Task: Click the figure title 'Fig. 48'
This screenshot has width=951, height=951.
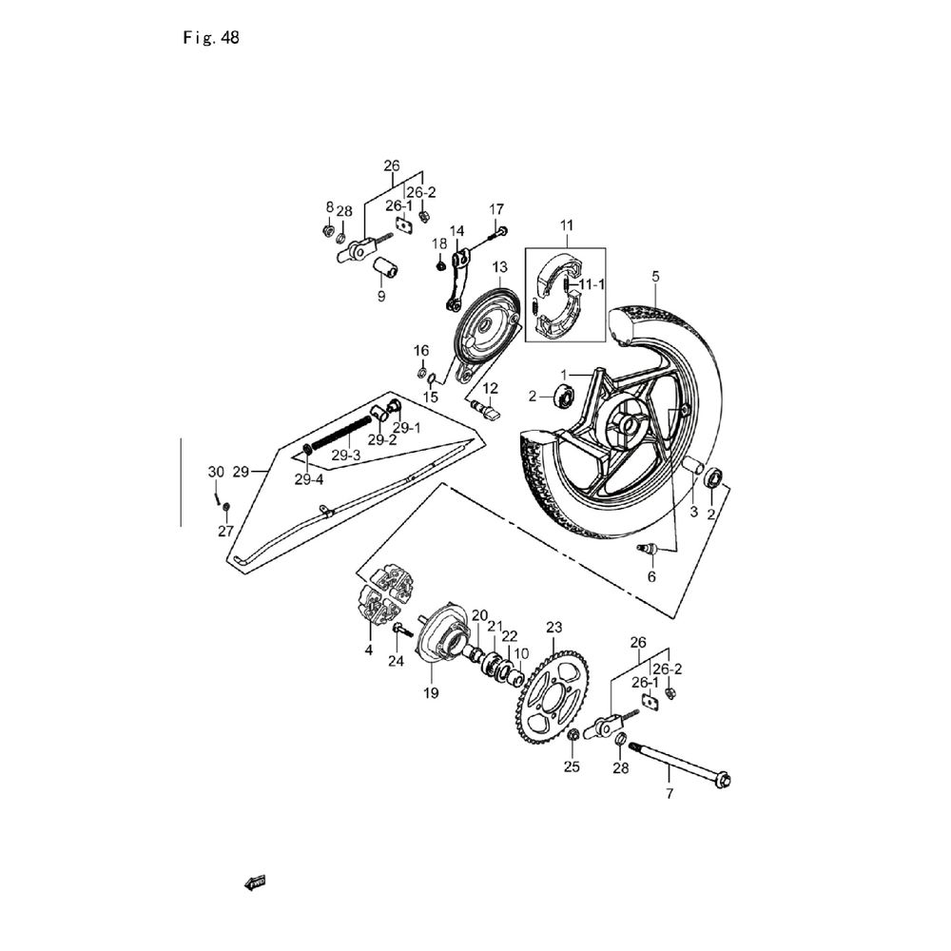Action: (210, 39)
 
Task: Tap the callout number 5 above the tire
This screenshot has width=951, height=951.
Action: (654, 276)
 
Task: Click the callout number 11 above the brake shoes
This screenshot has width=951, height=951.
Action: (567, 225)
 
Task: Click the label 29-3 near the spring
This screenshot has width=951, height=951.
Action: (345, 456)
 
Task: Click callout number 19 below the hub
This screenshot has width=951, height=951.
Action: (430, 693)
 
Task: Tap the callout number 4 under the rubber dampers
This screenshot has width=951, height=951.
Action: (368, 650)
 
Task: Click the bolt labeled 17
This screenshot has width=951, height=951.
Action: (497, 230)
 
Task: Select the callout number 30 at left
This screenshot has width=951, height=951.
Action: (216, 473)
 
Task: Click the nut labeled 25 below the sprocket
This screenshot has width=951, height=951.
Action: (573, 737)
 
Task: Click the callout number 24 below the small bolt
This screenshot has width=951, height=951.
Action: (396, 661)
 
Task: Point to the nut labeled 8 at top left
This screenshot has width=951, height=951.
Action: (327, 230)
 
